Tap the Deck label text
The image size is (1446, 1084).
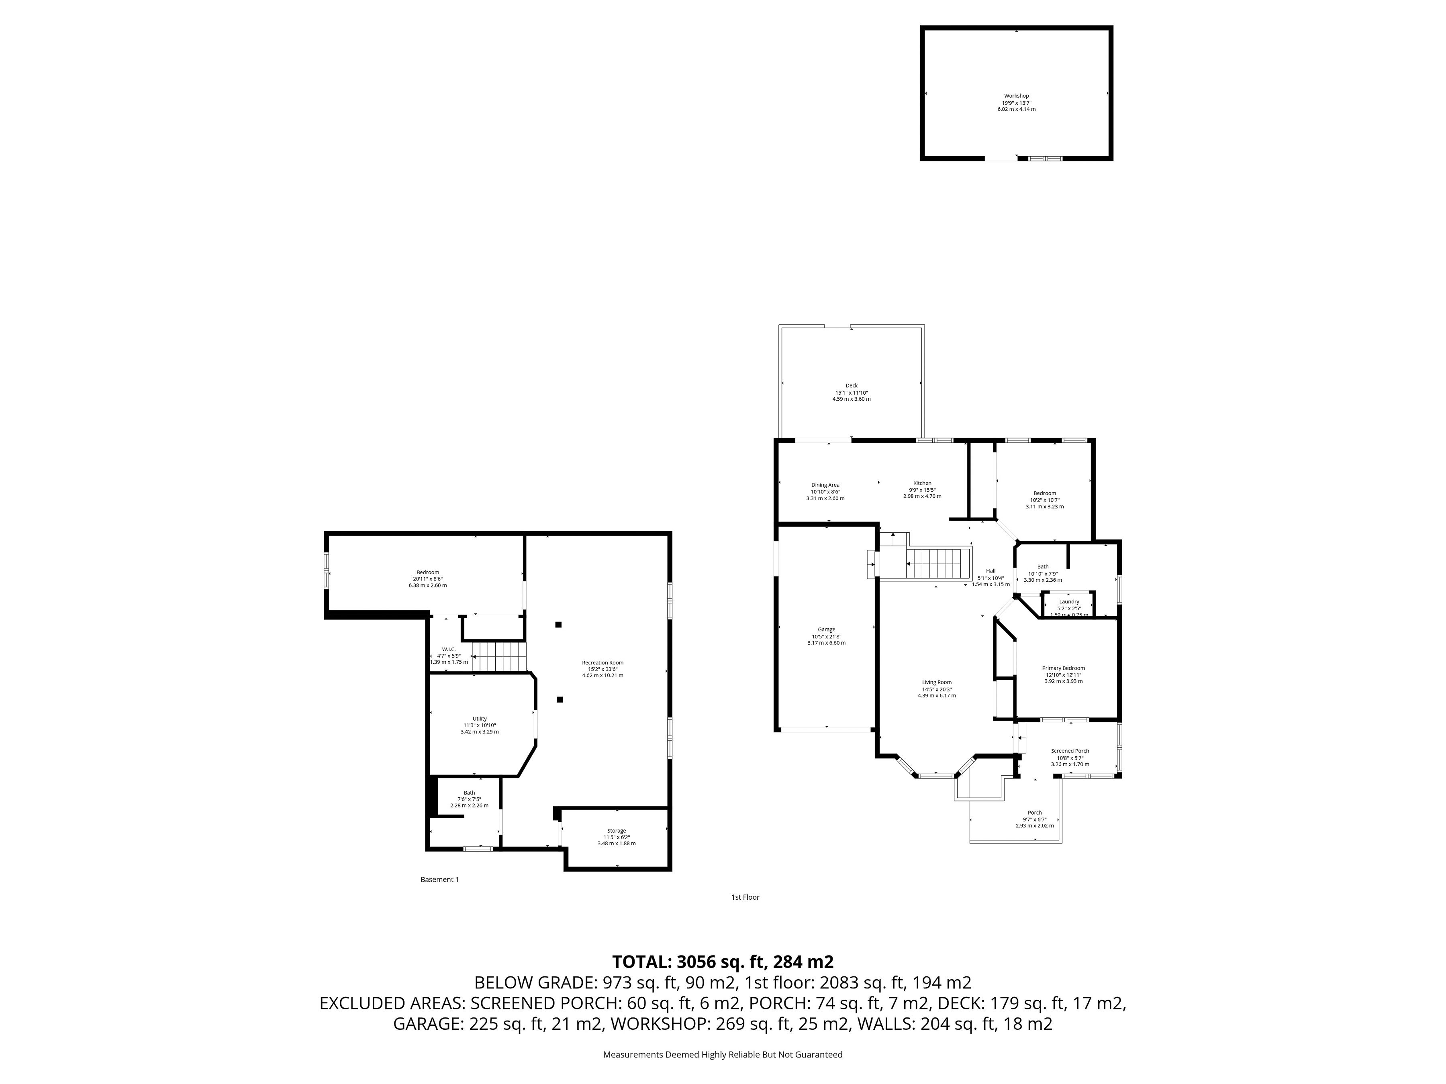[851, 385]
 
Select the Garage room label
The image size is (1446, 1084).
[826, 629]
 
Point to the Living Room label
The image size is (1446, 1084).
[936, 682]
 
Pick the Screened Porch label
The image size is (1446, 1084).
[1070, 751]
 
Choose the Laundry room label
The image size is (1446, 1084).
[1069, 601]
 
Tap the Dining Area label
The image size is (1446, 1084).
[825, 485]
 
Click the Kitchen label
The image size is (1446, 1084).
[922, 483]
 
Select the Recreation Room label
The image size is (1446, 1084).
[603, 662]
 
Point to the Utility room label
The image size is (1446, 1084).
[480, 719]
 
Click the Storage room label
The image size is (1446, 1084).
[617, 831]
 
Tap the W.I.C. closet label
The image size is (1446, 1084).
[448, 649]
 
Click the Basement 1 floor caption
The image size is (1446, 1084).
[439, 880]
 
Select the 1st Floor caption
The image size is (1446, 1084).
[745, 897]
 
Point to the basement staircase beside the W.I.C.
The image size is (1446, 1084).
[499, 656]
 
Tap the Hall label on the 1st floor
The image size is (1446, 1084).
[991, 571]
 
